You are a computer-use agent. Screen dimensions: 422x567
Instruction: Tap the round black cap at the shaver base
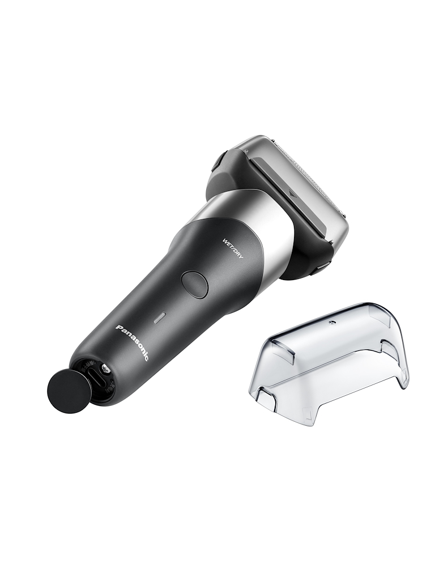pos(63,389)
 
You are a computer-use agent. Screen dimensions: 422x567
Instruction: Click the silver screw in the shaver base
pos(105,369)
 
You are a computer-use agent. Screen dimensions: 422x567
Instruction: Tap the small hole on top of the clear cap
pos(330,321)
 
